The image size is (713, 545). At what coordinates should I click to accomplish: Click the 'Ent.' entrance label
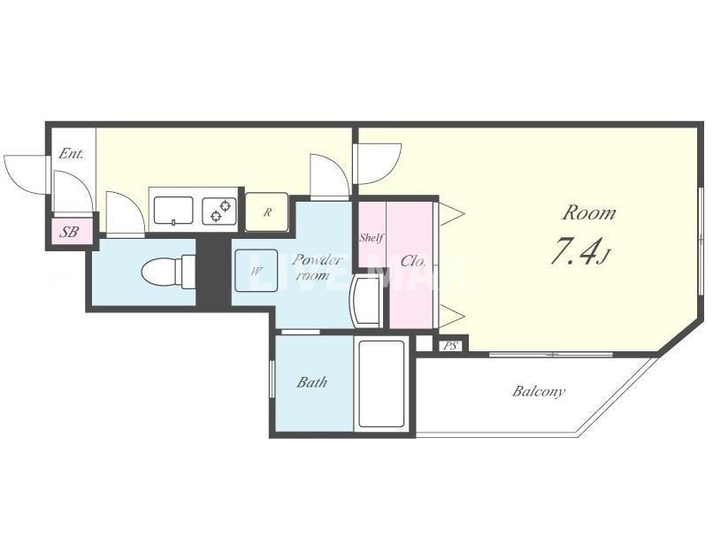click(72, 154)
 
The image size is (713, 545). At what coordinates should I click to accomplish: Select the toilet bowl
click(168, 272)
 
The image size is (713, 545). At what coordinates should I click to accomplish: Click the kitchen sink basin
click(173, 211)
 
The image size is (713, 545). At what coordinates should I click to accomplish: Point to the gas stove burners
click(219, 211)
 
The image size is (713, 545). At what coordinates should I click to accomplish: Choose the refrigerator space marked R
click(267, 211)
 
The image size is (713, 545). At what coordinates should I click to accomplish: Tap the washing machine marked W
click(256, 271)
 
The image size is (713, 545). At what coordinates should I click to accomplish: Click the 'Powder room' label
click(316, 267)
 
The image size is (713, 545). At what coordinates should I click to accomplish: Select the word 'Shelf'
click(372, 237)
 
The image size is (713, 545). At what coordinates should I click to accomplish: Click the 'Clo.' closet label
click(413, 262)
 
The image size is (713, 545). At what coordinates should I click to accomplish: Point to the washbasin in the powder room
click(365, 301)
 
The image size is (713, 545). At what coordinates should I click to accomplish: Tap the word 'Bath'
click(312, 382)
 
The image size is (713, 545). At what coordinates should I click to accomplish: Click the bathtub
click(381, 384)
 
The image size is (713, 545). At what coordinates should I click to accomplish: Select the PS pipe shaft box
click(450, 346)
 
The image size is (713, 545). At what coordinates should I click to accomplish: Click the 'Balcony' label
click(539, 391)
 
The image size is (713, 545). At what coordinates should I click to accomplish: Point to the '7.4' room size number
click(573, 251)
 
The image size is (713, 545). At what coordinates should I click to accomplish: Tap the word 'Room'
click(589, 212)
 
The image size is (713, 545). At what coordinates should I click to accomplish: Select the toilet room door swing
click(126, 213)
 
